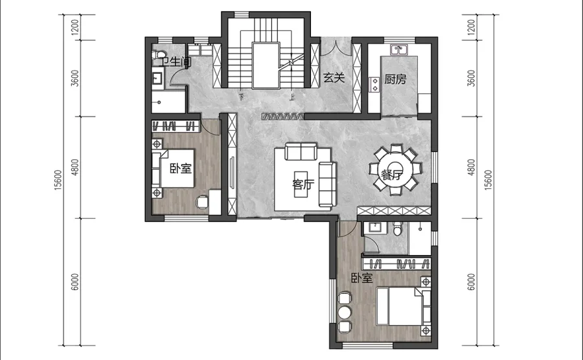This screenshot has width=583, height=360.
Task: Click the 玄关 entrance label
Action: [x=334, y=78]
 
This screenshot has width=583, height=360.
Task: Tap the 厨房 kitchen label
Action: [x=395, y=79]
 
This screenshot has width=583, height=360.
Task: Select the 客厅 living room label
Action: [x=303, y=185]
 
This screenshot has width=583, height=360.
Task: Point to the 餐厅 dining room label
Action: [x=392, y=175]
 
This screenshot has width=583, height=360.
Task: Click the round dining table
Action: [x=395, y=170]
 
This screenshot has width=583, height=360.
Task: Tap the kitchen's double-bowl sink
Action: [x=399, y=49]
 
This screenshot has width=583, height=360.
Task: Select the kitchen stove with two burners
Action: [x=374, y=85]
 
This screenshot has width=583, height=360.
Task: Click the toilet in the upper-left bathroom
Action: [x=159, y=55]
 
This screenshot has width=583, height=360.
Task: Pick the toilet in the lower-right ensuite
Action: [x=398, y=229]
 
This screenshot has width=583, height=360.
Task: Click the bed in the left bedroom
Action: [x=173, y=168]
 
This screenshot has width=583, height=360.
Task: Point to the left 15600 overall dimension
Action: [x=58, y=180]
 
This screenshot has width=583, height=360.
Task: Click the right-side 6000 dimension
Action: [x=471, y=282]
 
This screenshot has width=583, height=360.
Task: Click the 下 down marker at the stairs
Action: [x=242, y=97]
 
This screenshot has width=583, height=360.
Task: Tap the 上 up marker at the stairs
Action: [x=292, y=98]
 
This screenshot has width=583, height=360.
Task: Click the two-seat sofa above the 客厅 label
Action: [x=301, y=152]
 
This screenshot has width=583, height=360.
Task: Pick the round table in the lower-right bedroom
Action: [x=345, y=313]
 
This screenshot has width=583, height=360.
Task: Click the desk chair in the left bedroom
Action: [x=202, y=202]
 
